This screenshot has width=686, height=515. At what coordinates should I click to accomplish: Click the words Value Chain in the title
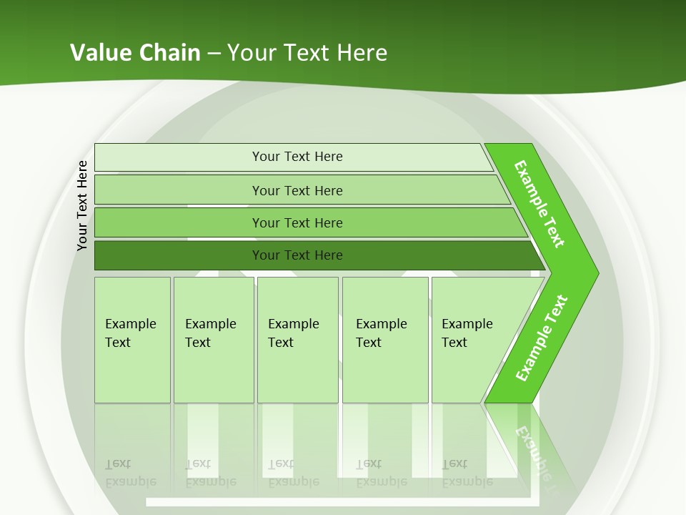pyautogui.click(x=135, y=52)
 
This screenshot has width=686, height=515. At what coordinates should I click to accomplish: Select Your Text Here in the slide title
pyautogui.click(x=307, y=52)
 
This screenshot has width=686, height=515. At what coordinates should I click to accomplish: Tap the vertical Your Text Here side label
pyautogui.click(x=83, y=205)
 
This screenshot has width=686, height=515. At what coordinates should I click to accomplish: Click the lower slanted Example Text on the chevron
pyautogui.click(x=541, y=338)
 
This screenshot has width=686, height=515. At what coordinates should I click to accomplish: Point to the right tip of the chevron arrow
pyautogui.click(x=597, y=273)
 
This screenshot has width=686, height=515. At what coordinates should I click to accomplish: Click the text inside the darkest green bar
pyautogui.click(x=297, y=255)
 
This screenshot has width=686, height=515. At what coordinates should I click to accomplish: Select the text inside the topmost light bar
pyautogui.click(x=297, y=157)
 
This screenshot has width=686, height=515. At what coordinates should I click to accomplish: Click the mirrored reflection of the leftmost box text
pyautogui.click(x=130, y=473)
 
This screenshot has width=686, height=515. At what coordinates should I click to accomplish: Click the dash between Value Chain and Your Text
pyautogui.click(x=214, y=53)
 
